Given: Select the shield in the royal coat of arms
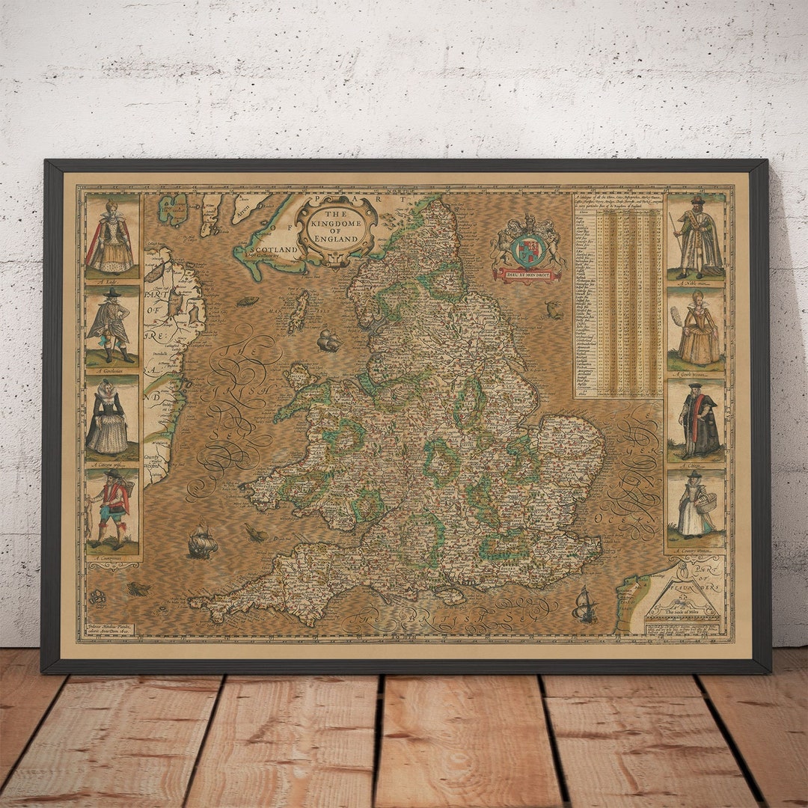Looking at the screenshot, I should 529,249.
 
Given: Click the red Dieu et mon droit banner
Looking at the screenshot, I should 529,275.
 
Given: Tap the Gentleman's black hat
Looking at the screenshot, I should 112,293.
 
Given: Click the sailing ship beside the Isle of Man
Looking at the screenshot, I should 328,341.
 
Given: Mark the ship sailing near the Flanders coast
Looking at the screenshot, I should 584,605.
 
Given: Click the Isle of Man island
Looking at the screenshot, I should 299,311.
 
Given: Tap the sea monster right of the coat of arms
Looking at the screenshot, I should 554,309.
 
